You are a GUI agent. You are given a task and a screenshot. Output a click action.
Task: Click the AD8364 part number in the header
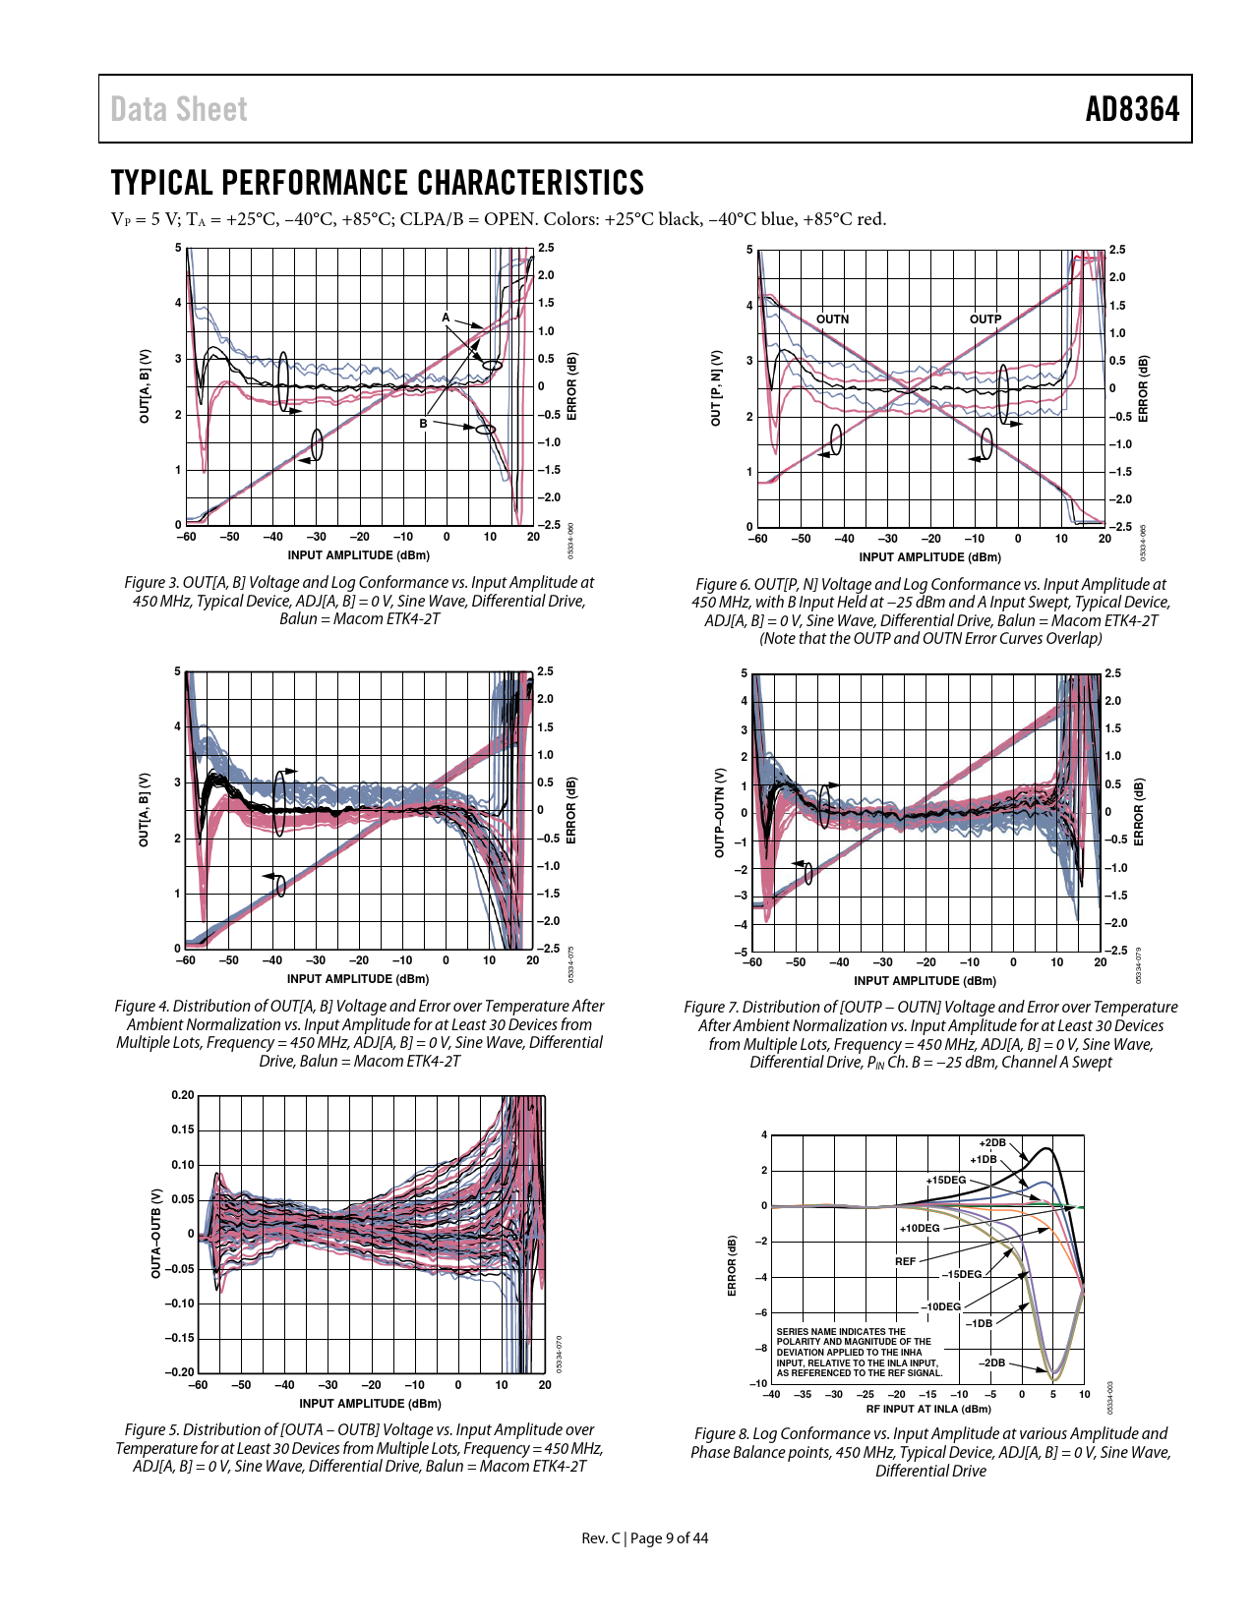coord(1132,109)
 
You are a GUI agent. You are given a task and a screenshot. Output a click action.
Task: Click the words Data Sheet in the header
coord(179,109)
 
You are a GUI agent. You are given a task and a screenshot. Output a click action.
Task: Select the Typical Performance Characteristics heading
coord(377,183)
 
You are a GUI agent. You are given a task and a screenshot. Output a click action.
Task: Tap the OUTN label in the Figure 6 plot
coord(832,319)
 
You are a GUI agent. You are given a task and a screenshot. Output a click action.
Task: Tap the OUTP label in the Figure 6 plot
coord(985,319)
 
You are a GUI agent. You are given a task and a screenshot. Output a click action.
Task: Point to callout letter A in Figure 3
coord(446,318)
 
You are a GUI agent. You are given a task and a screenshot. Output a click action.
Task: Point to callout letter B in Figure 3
coord(424,424)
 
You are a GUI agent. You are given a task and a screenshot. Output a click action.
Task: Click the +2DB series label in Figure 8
coord(992,1143)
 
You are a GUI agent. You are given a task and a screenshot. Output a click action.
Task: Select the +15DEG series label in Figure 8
coord(946,1180)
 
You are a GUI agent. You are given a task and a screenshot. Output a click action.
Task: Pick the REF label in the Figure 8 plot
coord(905,1261)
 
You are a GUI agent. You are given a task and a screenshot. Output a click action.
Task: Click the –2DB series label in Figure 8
coord(991,1362)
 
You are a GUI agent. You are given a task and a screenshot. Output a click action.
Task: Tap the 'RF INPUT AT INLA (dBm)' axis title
coord(928,1409)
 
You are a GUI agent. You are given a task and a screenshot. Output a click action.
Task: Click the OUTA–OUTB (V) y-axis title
coord(155,1234)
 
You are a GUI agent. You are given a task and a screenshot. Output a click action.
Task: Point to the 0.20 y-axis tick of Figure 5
coord(182,1095)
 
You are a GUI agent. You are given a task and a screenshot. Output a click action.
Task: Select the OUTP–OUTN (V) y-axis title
coord(719,813)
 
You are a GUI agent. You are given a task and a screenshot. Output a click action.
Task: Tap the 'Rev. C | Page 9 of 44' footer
coord(644,1537)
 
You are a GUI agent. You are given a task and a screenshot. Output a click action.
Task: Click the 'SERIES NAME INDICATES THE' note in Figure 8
coord(841,1332)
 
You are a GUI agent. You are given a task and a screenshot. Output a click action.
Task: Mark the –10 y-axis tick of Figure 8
coord(760,1383)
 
